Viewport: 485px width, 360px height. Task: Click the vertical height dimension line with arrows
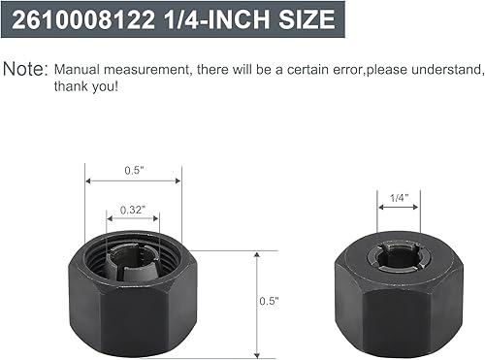256,302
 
